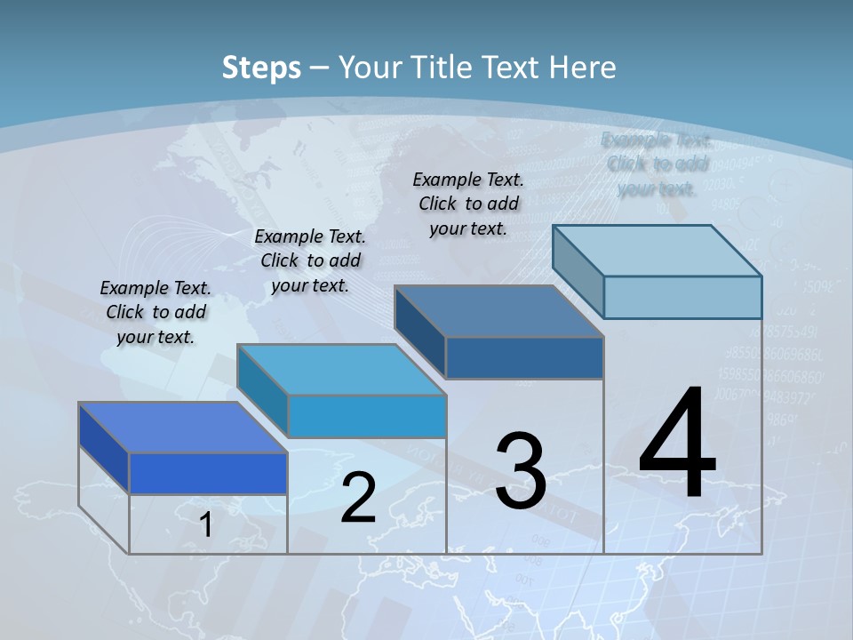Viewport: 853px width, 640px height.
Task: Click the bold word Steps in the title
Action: coord(261,68)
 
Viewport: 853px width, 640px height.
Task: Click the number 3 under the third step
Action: coord(521,471)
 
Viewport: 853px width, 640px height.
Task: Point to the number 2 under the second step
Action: coord(358,498)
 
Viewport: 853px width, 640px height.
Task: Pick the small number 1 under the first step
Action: coord(206,525)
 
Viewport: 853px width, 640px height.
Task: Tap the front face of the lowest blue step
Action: coord(208,473)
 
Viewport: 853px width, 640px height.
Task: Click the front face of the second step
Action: coord(366,416)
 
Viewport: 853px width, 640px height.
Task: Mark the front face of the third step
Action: coord(524,357)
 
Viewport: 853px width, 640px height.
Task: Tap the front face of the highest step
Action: coord(682,297)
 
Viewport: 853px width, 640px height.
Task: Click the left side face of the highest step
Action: coord(578,271)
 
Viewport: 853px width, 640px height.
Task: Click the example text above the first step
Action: coord(155,312)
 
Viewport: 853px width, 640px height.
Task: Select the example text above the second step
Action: coord(310,260)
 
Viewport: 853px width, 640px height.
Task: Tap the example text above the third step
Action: coord(468,204)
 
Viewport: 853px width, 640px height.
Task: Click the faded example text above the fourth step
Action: coord(657,164)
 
